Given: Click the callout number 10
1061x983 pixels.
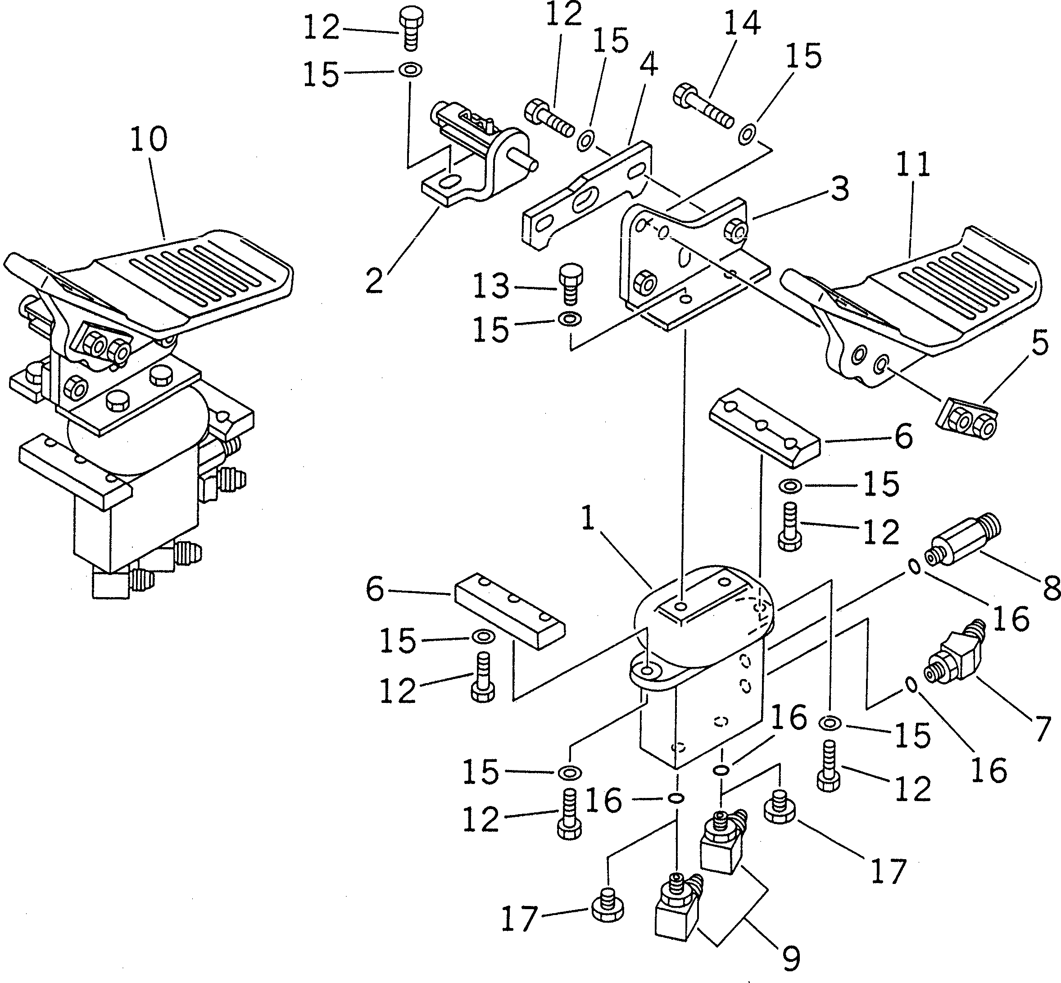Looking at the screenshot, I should [x=149, y=139].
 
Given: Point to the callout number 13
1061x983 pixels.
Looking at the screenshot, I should [x=490, y=287].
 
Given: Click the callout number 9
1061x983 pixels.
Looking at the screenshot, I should [x=791, y=959].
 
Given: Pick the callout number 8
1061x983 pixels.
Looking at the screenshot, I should [x=1052, y=590].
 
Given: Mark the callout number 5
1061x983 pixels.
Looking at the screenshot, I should [x=1040, y=343].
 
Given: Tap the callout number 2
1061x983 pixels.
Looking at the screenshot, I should [x=374, y=281].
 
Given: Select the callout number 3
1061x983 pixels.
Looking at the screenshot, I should [x=839, y=190].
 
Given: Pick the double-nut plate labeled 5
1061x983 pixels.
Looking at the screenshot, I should [x=965, y=421].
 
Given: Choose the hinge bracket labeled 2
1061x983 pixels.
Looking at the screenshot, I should [x=479, y=159].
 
